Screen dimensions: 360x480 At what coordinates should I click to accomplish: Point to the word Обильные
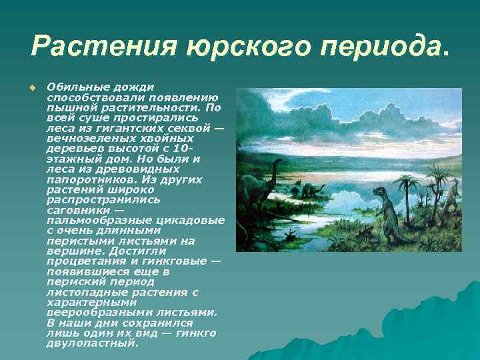(x=73, y=87)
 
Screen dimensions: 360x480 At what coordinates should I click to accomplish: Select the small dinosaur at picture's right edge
(x=453, y=195)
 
